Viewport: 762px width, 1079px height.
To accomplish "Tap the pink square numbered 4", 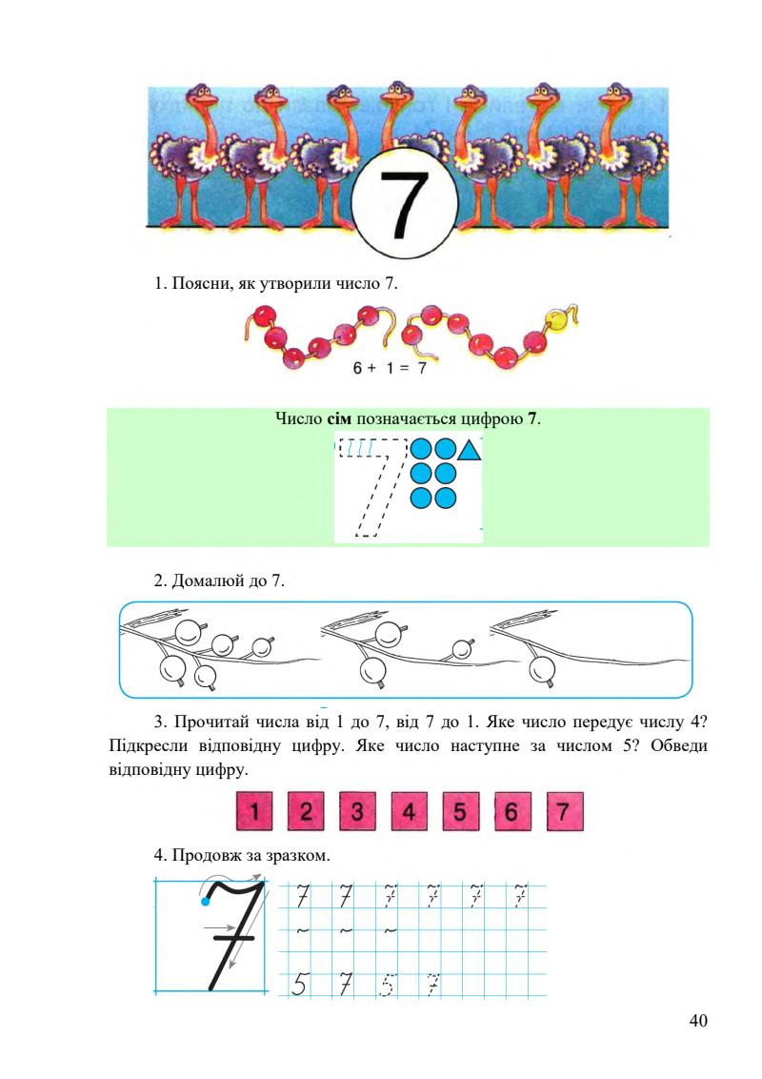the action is (408, 812).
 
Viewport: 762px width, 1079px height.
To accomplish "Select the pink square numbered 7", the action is (564, 812).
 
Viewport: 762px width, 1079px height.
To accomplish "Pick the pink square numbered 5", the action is (460, 812).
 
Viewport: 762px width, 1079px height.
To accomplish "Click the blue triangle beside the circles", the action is (470, 449).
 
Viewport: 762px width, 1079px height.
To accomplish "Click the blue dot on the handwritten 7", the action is (205, 901).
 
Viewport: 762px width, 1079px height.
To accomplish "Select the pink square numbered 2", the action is (305, 812).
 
